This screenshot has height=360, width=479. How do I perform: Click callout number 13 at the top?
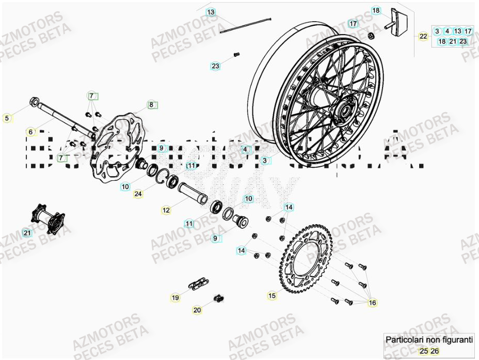[x=211, y=12]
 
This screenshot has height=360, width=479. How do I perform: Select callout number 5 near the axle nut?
[x=7, y=118]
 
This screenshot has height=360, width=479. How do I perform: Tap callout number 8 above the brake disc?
[x=151, y=105]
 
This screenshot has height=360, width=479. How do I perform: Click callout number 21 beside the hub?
[x=27, y=233]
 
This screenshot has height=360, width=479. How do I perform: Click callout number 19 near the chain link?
[x=175, y=298]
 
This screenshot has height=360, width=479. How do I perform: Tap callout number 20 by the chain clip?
[x=197, y=310]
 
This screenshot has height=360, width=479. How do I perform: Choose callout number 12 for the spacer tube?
[x=166, y=210]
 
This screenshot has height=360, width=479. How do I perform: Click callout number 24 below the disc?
[x=137, y=194]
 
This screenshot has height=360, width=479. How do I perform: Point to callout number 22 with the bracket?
[x=423, y=36]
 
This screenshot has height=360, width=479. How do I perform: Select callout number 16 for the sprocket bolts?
[x=372, y=303]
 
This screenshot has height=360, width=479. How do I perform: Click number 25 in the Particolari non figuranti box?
[x=423, y=351]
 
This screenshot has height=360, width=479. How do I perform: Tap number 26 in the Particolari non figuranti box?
[x=435, y=351]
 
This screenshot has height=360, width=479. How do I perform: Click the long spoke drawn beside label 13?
[x=246, y=25]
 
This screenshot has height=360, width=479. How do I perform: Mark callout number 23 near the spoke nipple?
[x=215, y=66]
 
